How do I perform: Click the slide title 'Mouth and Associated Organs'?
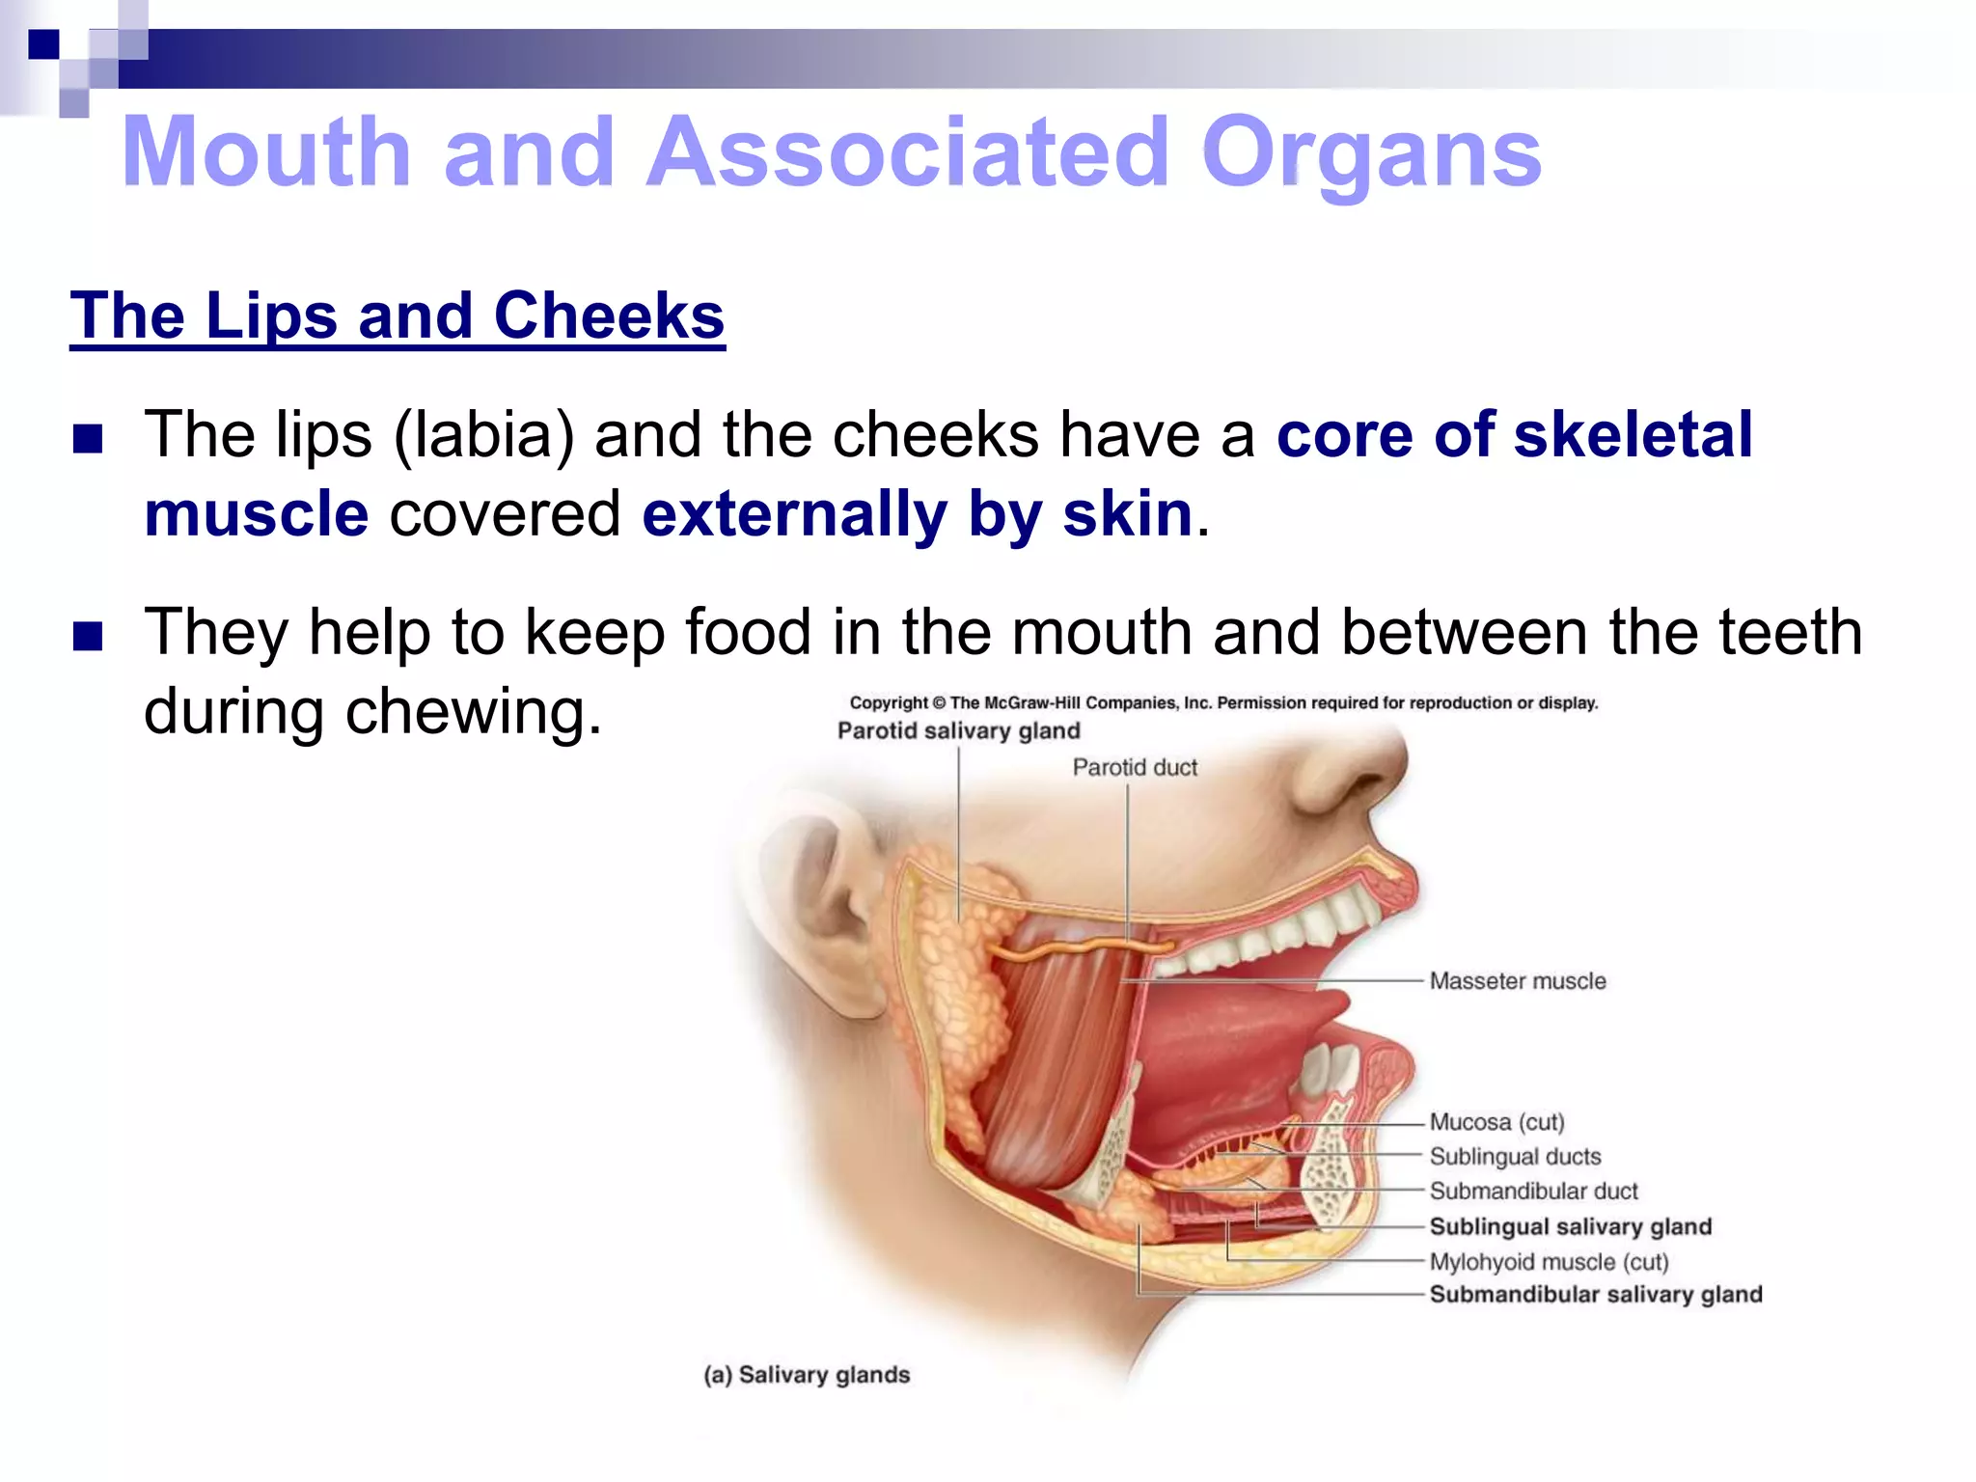click(x=831, y=152)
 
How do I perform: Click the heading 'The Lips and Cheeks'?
click(x=397, y=316)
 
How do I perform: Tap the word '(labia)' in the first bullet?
click(x=483, y=435)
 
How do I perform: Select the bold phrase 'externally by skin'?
click(x=918, y=513)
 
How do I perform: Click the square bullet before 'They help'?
click(x=88, y=636)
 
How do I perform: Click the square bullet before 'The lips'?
click(x=88, y=439)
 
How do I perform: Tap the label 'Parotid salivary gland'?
click(x=958, y=730)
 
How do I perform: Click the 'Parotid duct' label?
click(x=1135, y=767)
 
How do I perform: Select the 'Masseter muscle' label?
click(x=1518, y=981)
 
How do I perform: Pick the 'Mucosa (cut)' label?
click(x=1496, y=1122)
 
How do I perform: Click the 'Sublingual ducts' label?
click(x=1515, y=1157)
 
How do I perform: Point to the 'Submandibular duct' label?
click(x=1533, y=1192)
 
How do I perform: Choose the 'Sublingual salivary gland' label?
click(x=1570, y=1226)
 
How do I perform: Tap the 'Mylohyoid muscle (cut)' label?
click(x=1549, y=1262)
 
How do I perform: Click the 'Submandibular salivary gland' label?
click(x=1595, y=1295)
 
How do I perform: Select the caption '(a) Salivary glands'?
click(x=807, y=1375)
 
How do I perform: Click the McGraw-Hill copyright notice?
click(x=1223, y=703)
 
